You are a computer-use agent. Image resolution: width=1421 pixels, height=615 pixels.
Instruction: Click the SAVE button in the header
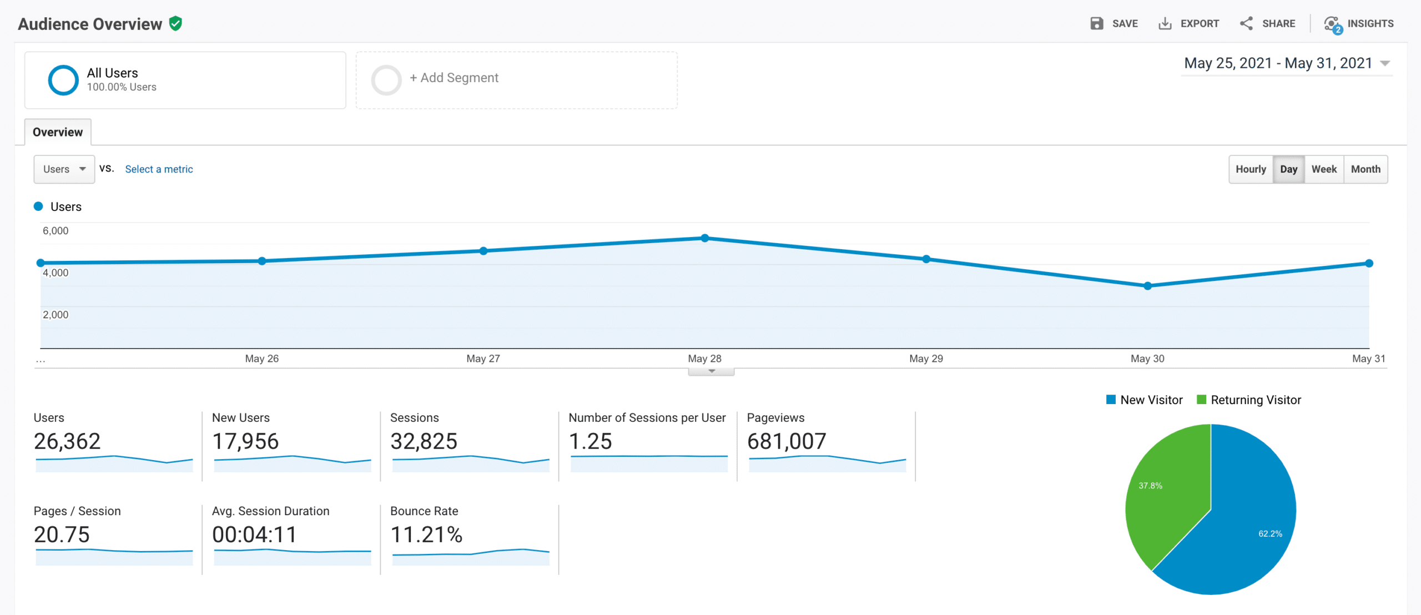click(1114, 23)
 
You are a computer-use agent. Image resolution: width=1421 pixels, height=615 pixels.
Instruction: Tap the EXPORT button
click(1189, 23)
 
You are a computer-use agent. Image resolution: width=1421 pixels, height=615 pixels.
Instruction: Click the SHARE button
click(1268, 23)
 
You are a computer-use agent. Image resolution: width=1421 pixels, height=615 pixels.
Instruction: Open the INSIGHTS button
click(1359, 23)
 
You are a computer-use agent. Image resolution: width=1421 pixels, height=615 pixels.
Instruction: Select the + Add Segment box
click(516, 80)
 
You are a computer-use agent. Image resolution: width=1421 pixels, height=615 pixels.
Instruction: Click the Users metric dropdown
click(64, 169)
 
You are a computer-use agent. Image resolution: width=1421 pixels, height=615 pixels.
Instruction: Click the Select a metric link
click(159, 169)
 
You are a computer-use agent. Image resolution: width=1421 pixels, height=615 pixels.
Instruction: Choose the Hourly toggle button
click(1251, 169)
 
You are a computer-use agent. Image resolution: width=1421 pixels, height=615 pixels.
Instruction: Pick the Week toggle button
click(1324, 169)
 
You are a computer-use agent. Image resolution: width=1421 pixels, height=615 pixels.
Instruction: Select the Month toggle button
click(1365, 169)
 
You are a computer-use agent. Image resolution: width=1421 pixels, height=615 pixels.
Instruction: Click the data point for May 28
click(704, 238)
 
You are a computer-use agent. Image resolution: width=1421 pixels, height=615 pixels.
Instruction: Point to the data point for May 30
click(1147, 286)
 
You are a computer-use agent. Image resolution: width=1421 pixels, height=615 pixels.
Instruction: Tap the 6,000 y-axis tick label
click(56, 231)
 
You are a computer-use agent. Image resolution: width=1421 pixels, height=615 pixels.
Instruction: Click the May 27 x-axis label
click(483, 359)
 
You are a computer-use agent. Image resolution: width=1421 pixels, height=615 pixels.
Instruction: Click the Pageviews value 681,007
click(787, 442)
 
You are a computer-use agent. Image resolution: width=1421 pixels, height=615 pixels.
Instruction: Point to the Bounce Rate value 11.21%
click(426, 535)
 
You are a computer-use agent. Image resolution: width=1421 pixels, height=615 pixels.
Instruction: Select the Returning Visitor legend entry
click(1249, 400)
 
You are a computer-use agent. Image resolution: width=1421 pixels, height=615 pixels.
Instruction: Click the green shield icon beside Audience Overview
click(176, 23)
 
